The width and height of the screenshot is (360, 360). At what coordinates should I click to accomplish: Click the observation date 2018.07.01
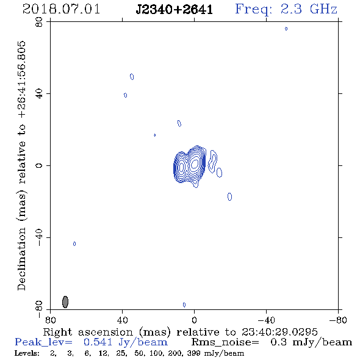(61, 9)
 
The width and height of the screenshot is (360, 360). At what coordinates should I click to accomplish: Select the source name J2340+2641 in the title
(175, 10)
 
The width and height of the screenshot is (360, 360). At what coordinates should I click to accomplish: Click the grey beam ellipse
(65, 302)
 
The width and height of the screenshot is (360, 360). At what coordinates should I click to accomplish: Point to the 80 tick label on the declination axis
(39, 22)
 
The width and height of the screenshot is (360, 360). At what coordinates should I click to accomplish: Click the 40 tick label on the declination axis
(39, 94)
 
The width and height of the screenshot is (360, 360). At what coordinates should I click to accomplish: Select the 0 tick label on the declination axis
(39, 165)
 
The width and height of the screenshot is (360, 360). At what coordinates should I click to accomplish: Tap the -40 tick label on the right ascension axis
(266, 320)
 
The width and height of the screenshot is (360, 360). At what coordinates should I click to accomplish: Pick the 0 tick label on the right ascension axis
(194, 320)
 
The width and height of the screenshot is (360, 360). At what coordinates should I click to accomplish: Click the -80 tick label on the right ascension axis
(338, 320)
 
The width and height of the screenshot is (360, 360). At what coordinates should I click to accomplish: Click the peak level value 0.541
(98, 342)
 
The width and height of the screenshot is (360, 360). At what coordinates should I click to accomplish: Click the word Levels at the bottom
(27, 353)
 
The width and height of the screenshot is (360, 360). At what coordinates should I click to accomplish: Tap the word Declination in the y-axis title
(21, 259)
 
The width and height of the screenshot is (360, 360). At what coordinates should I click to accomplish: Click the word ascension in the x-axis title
(106, 332)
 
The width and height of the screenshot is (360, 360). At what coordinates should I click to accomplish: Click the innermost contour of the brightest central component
(195, 164)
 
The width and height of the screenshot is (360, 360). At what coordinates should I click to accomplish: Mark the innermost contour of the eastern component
(182, 167)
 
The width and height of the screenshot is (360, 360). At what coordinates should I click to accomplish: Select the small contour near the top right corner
(286, 29)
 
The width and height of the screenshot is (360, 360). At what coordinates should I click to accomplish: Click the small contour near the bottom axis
(184, 304)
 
